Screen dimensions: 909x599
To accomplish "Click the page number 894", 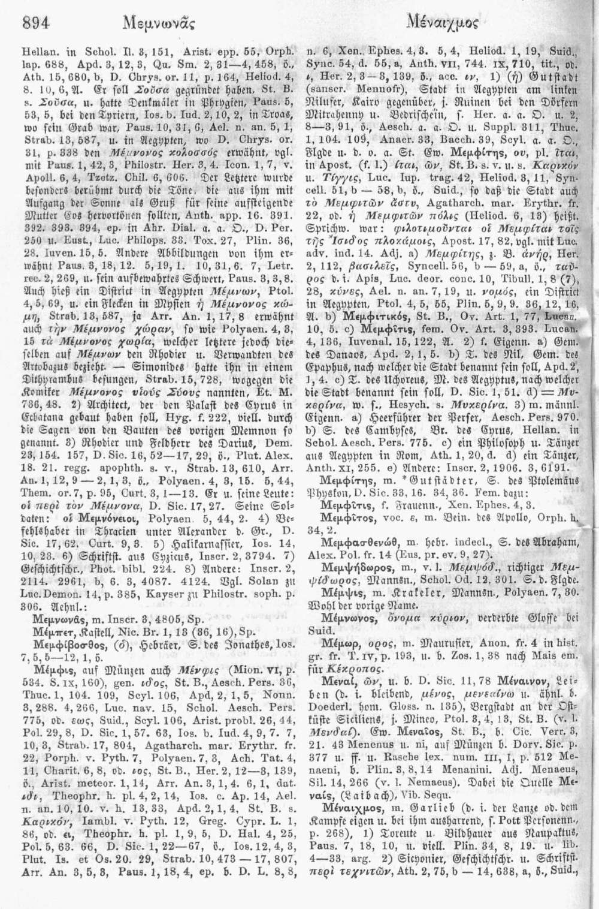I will coord(34,23).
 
